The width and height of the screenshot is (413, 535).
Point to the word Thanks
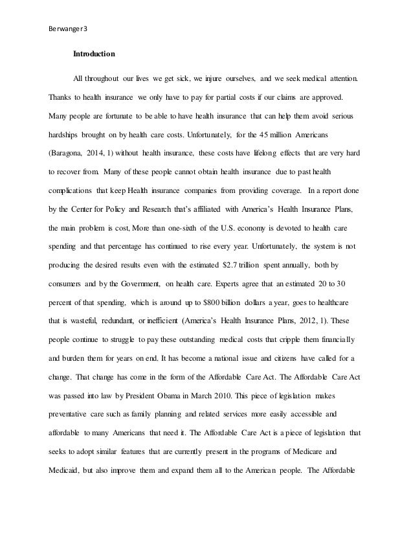coord(60,99)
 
